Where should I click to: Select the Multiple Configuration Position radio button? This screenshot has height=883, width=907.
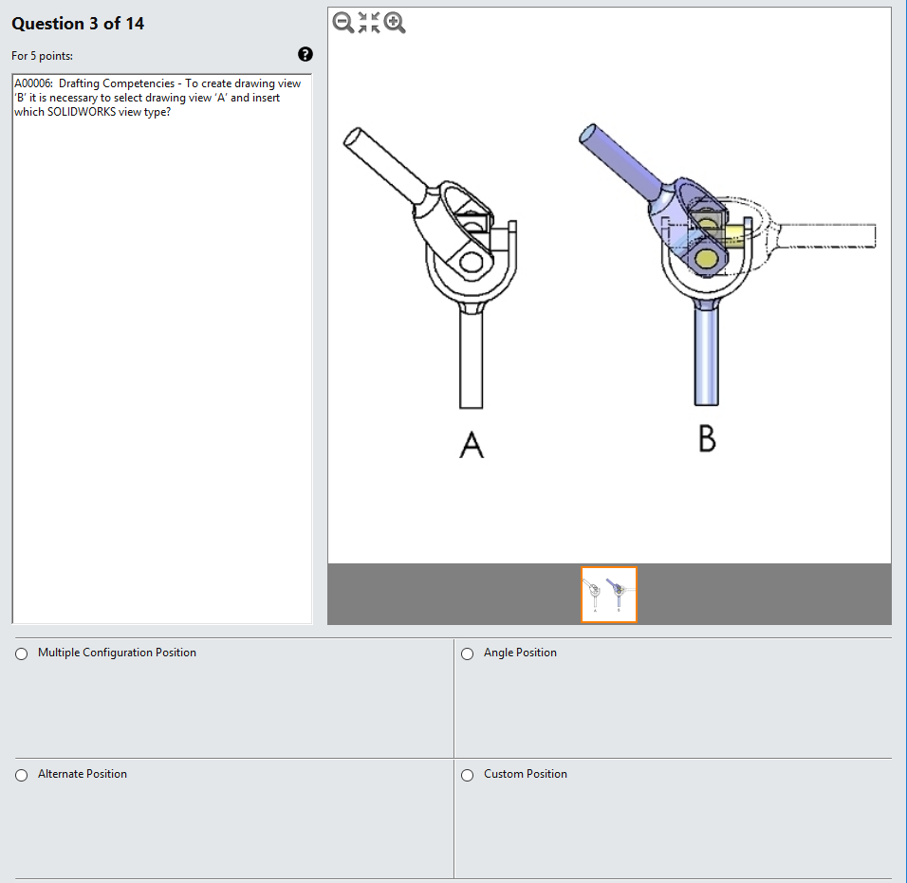click(x=21, y=653)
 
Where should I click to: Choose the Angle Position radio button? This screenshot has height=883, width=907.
click(x=467, y=653)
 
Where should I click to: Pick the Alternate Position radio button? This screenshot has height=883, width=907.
click(x=21, y=775)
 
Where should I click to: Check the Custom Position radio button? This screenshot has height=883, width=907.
click(x=467, y=775)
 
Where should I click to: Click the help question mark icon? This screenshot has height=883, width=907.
click(x=305, y=55)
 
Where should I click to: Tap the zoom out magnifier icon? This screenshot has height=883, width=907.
click(x=343, y=23)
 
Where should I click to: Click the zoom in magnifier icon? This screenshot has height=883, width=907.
click(x=395, y=23)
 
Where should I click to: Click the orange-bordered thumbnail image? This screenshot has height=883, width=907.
click(x=608, y=595)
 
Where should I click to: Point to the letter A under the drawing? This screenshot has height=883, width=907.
click(x=472, y=444)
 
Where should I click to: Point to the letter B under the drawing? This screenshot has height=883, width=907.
click(x=707, y=439)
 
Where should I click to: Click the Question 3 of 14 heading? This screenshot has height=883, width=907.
click(x=78, y=24)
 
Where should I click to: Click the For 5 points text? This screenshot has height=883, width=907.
click(x=42, y=56)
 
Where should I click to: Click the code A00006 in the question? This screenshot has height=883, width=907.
click(x=33, y=83)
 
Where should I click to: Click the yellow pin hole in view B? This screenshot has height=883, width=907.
click(x=706, y=258)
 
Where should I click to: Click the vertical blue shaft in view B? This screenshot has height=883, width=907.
click(x=706, y=356)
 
